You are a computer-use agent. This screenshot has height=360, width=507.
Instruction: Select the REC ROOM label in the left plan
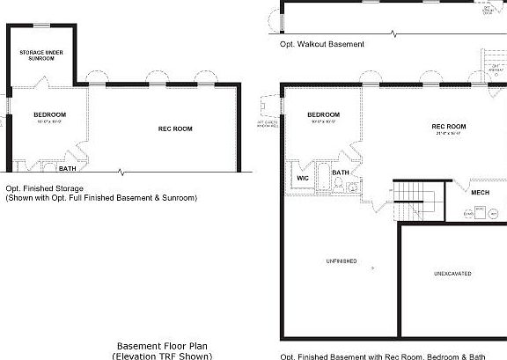click(x=175, y=129)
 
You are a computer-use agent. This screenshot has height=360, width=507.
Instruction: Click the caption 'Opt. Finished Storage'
click(x=44, y=188)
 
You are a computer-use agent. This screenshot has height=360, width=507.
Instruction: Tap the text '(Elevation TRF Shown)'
click(x=163, y=356)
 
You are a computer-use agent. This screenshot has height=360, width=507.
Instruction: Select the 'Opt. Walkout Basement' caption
click(x=321, y=43)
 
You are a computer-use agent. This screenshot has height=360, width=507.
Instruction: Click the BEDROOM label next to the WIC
click(x=323, y=114)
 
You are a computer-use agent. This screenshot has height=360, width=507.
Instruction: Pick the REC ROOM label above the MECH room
click(x=449, y=127)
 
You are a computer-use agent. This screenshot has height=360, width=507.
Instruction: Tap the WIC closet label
click(x=303, y=178)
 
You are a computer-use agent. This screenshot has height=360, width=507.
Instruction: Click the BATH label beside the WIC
click(x=341, y=173)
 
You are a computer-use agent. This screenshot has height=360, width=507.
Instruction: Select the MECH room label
click(x=480, y=193)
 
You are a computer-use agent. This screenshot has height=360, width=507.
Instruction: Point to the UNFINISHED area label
click(x=341, y=261)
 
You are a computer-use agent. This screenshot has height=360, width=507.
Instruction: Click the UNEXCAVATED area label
click(x=452, y=274)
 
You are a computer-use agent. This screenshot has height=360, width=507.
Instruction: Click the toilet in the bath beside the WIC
click(x=352, y=186)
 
